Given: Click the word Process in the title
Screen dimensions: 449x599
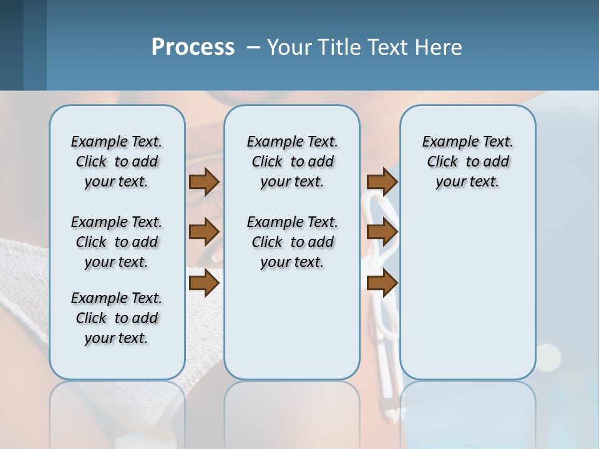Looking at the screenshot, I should (x=193, y=47).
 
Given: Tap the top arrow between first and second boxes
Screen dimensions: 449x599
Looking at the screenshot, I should (x=204, y=181).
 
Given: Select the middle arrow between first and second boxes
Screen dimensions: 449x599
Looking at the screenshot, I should (x=204, y=232).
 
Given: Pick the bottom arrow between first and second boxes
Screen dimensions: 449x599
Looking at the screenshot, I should (x=204, y=282).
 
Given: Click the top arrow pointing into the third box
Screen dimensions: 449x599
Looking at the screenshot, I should (x=382, y=181).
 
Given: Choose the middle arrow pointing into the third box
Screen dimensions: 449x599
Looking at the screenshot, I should (x=382, y=232).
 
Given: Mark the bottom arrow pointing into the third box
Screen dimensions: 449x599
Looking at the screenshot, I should (x=382, y=282).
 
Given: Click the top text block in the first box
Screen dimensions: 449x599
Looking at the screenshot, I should (x=117, y=162).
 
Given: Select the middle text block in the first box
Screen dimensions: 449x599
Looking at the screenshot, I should (x=117, y=242).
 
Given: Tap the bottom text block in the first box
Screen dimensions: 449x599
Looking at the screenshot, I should (x=117, y=318).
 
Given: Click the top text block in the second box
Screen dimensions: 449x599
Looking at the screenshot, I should (x=292, y=162).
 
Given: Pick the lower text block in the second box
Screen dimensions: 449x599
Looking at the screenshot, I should (x=292, y=242).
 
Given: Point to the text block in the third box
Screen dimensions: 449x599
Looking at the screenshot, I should (x=467, y=162).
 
